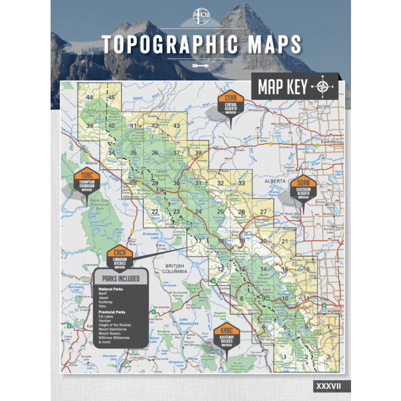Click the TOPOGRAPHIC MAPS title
[201, 44]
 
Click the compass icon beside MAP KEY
[322, 87]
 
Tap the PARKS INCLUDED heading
[121, 278]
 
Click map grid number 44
[90, 97]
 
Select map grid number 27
[263, 212]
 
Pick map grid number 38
[198, 152]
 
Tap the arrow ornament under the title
[201, 64]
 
